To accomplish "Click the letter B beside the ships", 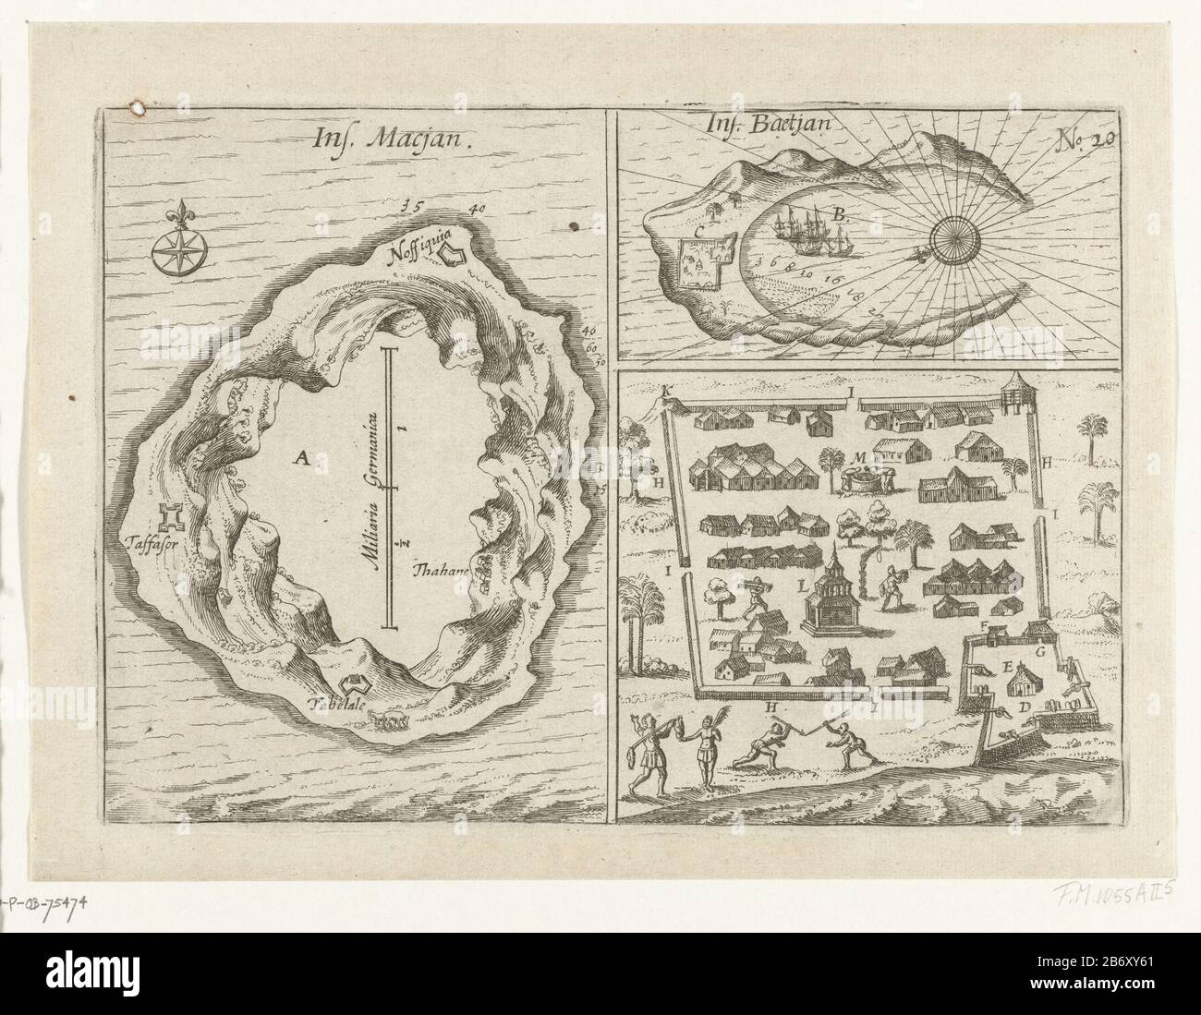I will [839, 214].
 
